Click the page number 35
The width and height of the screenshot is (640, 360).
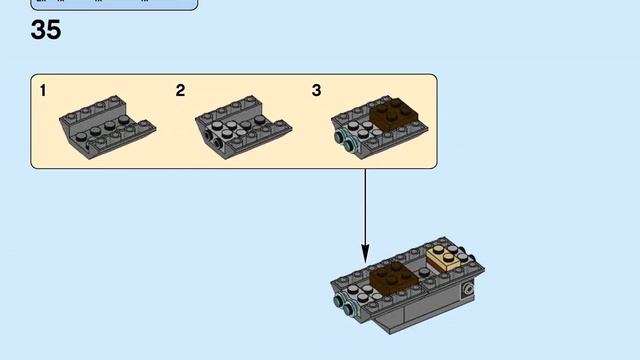(46, 30)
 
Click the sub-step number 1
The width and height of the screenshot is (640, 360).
(44, 91)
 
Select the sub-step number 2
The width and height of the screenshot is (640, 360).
(180, 91)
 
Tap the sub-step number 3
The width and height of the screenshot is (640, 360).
(317, 91)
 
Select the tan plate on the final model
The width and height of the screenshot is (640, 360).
(447, 261)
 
